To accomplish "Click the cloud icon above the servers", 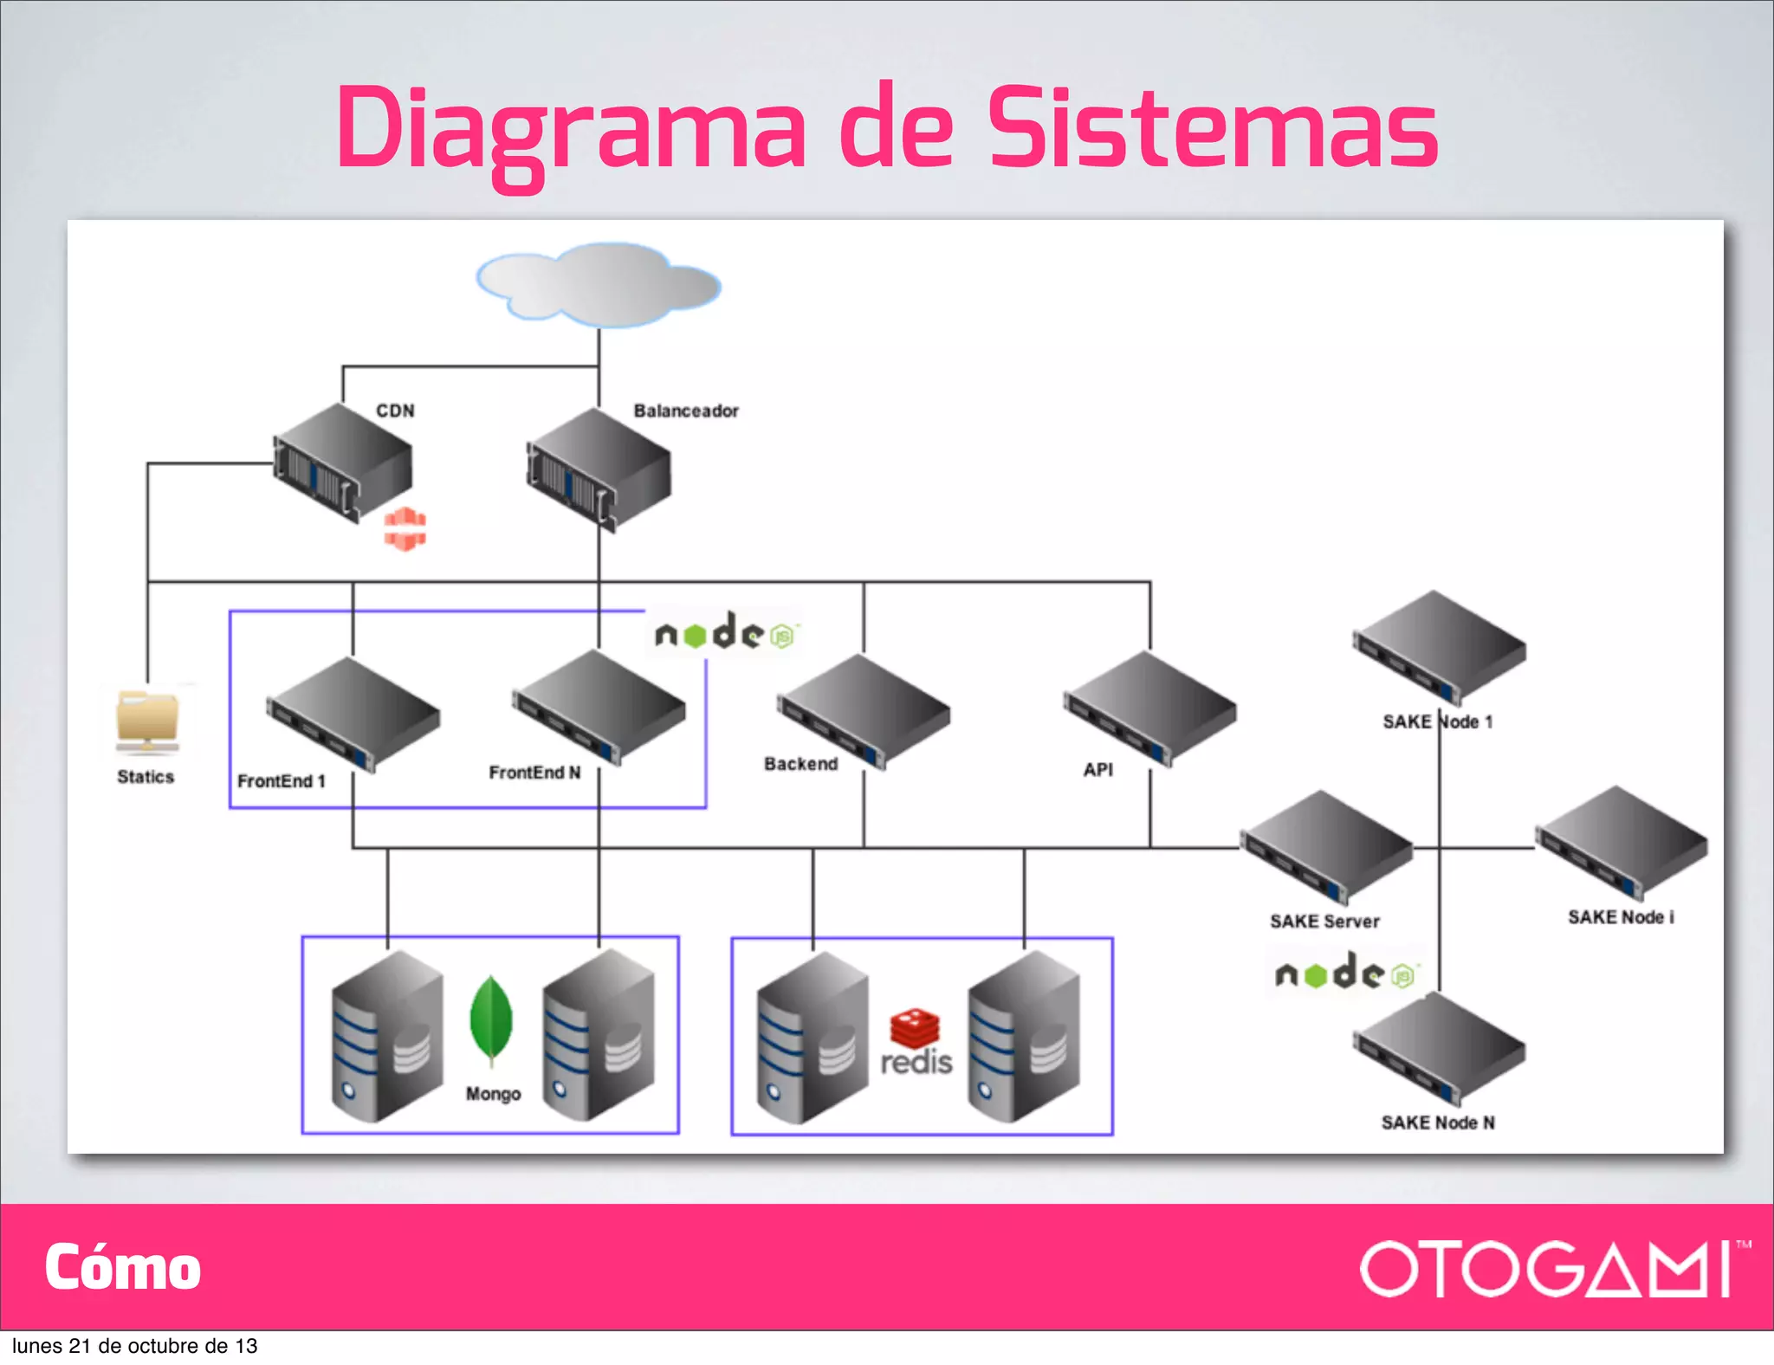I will [599, 284].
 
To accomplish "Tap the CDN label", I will [395, 411].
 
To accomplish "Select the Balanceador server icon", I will [599, 469].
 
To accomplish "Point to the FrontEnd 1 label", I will [282, 781].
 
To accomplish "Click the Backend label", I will [801, 764].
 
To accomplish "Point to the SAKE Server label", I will [1324, 922].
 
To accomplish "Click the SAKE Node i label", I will [1621, 917].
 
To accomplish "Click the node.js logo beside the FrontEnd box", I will [725, 634].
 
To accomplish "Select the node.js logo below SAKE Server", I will [1344, 974].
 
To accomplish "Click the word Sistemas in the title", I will [1213, 130].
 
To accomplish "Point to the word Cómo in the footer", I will [123, 1268].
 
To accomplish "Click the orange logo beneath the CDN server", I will [405, 529].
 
